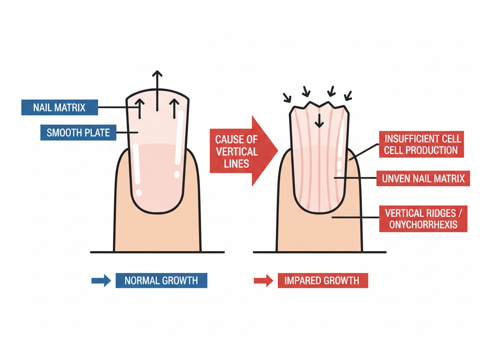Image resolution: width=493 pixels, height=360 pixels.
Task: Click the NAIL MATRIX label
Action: (x=59, y=107)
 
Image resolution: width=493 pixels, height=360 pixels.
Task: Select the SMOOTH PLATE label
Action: (x=78, y=133)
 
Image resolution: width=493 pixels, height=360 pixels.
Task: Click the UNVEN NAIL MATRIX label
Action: (x=423, y=179)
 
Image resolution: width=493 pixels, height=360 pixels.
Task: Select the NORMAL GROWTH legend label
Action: (x=161, y=280)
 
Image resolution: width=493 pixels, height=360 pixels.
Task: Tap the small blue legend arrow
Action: (x=101, y=280)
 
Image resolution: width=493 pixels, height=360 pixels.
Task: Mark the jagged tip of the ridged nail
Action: (x=319, y=104)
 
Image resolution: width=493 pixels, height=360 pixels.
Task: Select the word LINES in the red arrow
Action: (x=236, y=163)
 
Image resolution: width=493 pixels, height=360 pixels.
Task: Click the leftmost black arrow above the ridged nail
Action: (x=286, y=97)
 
